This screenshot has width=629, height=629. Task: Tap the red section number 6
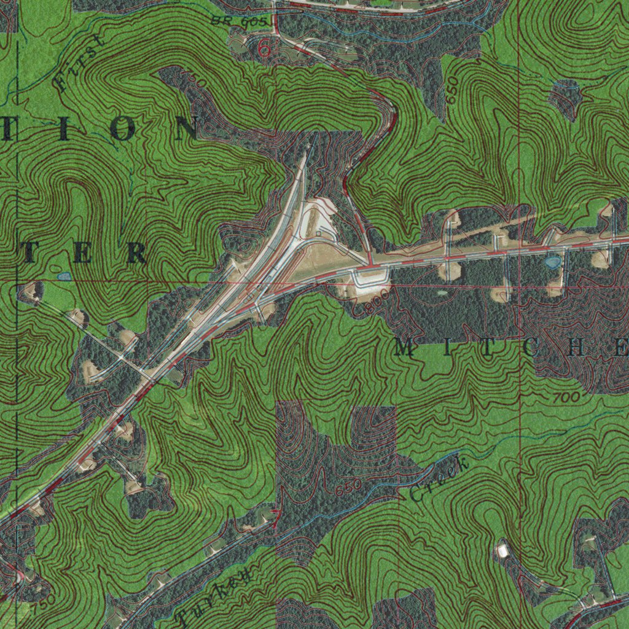click(264, 48)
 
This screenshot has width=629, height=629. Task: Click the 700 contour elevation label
click(565, 399)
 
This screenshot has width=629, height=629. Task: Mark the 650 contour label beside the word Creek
click(348, 488)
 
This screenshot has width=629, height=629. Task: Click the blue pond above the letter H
click(552, 262)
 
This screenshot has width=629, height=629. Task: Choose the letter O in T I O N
click(123, 130)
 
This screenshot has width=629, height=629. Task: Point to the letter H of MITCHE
click(579, 348)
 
